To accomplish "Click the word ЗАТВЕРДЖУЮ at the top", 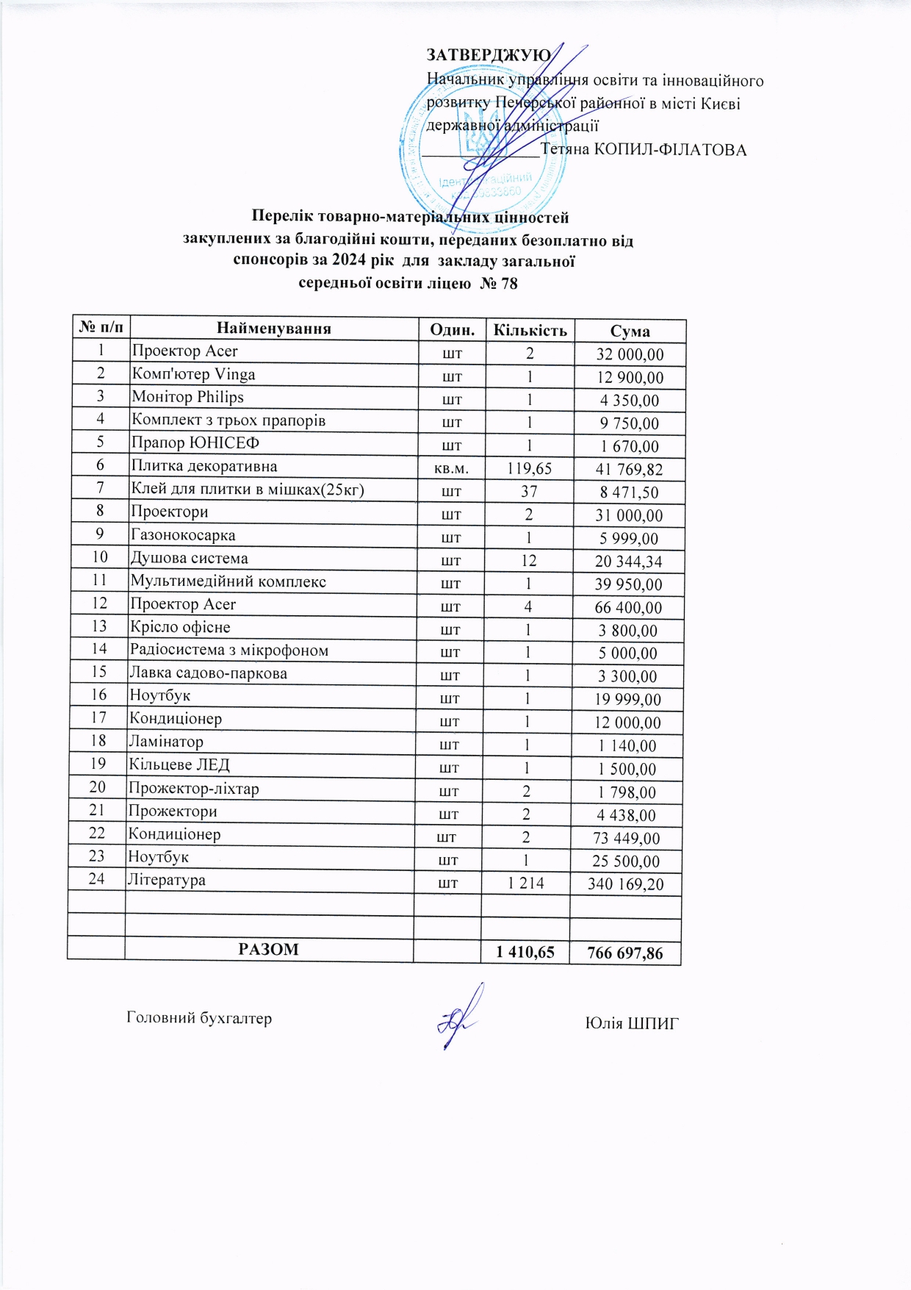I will click(x=488, y=56).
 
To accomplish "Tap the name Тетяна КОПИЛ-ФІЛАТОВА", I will click(x=644, y=150).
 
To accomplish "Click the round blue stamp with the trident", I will click(x=483, y=143).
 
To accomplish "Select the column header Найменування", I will click(x=273, y=329).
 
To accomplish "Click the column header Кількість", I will click(x=530, y=330).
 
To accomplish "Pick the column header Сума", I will click(x=630, y=332).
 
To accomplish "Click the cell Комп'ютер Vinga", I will click(x=193, y=374).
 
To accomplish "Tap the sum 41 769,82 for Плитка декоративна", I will click(x=629, y=469).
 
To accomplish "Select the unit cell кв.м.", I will click(x=453, y=468).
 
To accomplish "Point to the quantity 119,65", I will click(x=529, y=468).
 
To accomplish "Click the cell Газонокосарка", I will click(x=183, y=535).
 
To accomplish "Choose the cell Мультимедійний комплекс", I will click(x=228, y=581).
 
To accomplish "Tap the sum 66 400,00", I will click(x=628, y=608).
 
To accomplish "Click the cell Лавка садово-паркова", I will click(x=208, y=673).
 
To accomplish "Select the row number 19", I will click(x=98, y=764).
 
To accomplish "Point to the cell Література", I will click(x=167, y=880).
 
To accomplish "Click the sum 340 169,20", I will click(x=625, y=884).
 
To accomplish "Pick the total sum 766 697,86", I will click(x=625, y=954).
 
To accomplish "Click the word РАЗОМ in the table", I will click(x=268, y=949).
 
